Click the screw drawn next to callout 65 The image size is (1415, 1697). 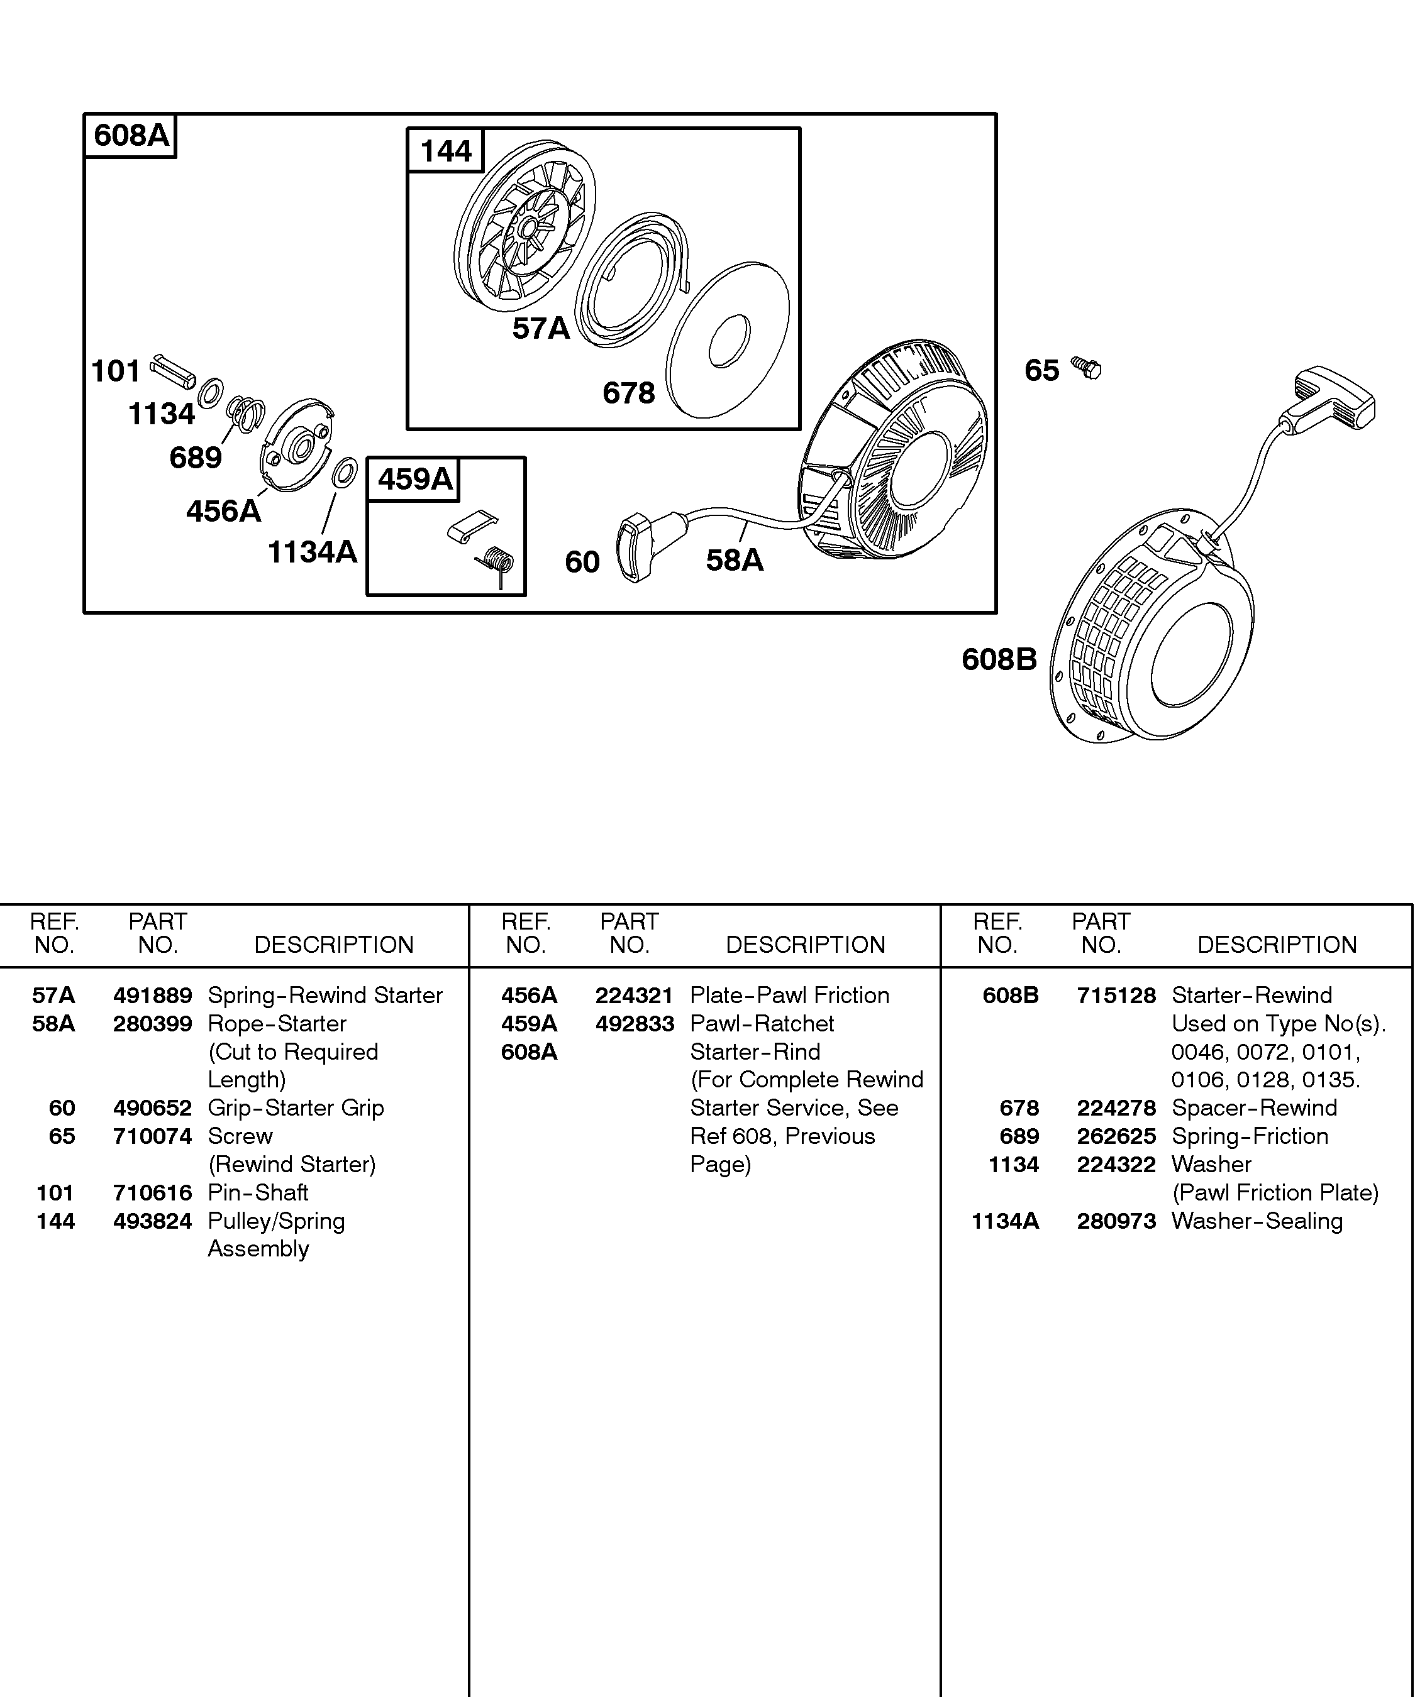pyautogui.click(x=1087, y=368)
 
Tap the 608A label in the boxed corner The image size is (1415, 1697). pyautogui.click(x=131, y=135)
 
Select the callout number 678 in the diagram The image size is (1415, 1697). pyautogui.click(x=628, y=393)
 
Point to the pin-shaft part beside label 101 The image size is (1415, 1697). pyautogui.click(x=172, y=370)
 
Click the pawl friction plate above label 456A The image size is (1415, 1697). pyautogui.click(x=296, y=444)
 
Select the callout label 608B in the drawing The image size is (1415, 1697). pyautogui.click(x=999, y=659)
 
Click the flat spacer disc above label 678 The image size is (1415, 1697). pyautogui.click(x=728, y=340)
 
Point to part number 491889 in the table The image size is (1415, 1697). pyautogui.click(x=152, y=996)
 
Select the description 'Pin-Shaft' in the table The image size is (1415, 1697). pyautogui.click(x=258, y=1193)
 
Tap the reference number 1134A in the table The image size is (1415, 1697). pyautogui.click(x=1004, y=1221)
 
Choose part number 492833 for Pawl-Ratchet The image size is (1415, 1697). pyautogui.click(x=634, y=1024)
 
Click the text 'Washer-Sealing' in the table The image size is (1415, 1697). pyautogui.click(x=1257, y=1221)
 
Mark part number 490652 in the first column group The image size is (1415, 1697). pyautogui.click(x=152, y=1108)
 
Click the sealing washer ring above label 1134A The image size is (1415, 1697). pyautogui.click(x=345, y=473)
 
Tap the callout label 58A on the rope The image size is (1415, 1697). pyautogui.click(x=734, y=560)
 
